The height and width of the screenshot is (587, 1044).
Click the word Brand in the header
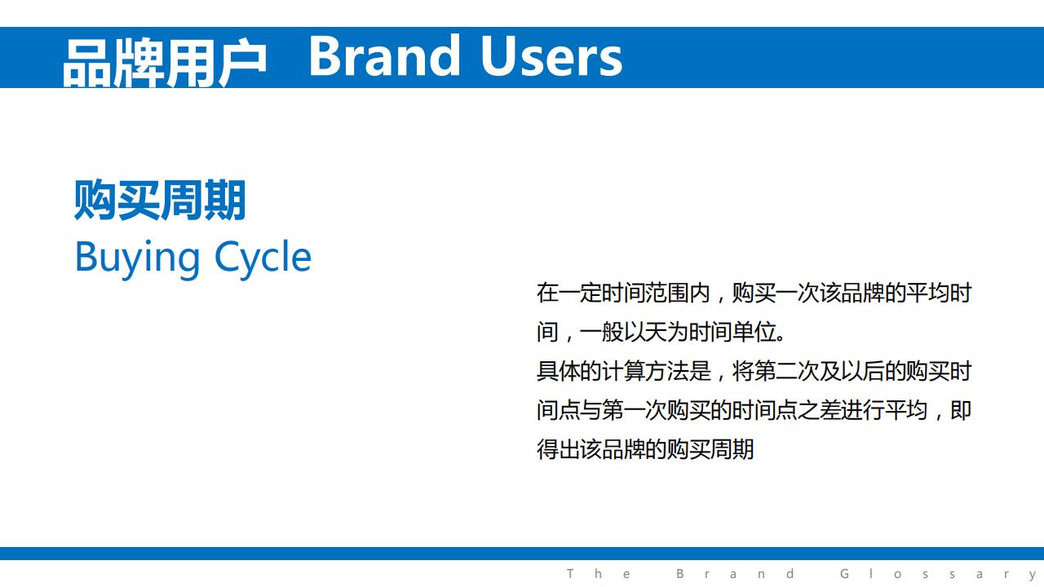(x=384, y=56)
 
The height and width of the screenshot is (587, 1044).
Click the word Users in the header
(x=551, y=56)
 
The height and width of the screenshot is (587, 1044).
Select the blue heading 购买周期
(x=160, y=200)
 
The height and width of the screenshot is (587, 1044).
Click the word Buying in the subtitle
(x=138, y=258)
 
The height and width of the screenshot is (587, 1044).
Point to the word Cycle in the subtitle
(x=263, y=258)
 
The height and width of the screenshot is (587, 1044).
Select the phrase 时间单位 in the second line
(x=732, y=332)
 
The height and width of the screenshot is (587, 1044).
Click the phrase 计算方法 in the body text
(x=645, y=371)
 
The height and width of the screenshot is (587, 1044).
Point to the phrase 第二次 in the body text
(x=786, y=371)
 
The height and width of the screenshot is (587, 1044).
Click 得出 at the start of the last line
(x=559, y=449)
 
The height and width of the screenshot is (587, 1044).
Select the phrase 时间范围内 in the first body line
(x=657, y=293)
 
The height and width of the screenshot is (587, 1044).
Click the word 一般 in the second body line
(x=602, y=332)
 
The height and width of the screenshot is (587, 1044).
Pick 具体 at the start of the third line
(x=559, y=371)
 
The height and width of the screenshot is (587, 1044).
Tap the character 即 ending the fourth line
(x=961, y=410)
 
